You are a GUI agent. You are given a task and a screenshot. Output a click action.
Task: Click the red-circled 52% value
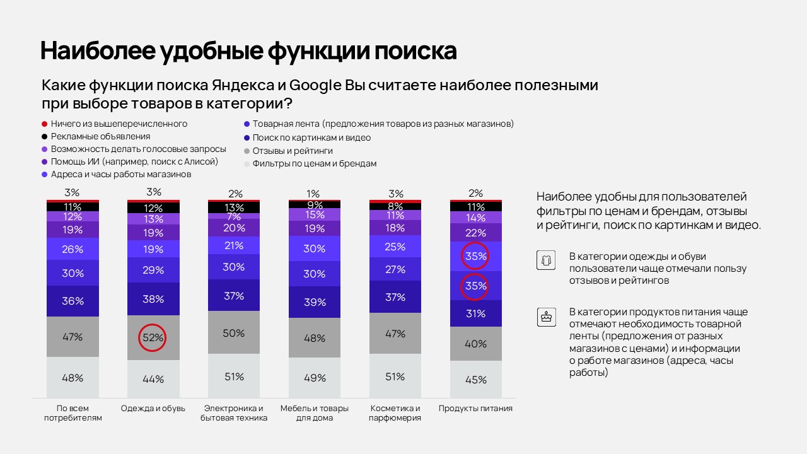153,337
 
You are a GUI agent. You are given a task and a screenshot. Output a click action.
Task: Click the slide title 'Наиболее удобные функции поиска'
248,51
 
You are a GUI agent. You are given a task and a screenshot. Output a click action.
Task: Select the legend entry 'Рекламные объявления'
100,136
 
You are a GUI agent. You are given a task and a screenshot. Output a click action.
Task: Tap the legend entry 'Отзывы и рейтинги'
292,151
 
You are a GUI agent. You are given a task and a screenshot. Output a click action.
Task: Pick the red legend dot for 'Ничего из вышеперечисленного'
45,124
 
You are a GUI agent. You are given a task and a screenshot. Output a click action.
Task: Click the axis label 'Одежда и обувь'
153,409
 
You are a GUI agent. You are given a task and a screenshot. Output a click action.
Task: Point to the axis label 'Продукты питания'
475,409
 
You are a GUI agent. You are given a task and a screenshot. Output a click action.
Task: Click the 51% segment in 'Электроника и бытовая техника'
234,376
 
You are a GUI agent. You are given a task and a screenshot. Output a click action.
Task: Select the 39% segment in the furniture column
315,303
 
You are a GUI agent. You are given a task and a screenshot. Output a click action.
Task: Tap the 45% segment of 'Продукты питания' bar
476,380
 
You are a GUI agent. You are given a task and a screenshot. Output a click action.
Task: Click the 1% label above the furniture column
313,194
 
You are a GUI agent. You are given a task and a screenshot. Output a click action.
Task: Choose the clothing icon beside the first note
545,260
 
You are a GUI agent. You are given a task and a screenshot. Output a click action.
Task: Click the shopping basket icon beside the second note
545,317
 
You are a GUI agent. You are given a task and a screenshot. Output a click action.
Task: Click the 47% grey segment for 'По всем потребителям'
73,337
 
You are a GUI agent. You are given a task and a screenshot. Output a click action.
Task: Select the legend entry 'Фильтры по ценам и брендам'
314,163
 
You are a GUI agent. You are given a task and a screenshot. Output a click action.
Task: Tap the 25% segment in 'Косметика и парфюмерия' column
395,247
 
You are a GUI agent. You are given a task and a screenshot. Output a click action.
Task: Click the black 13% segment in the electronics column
234,208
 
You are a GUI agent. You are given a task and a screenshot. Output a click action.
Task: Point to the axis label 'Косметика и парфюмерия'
395,413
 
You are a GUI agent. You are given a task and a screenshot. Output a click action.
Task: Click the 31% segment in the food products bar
476,313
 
